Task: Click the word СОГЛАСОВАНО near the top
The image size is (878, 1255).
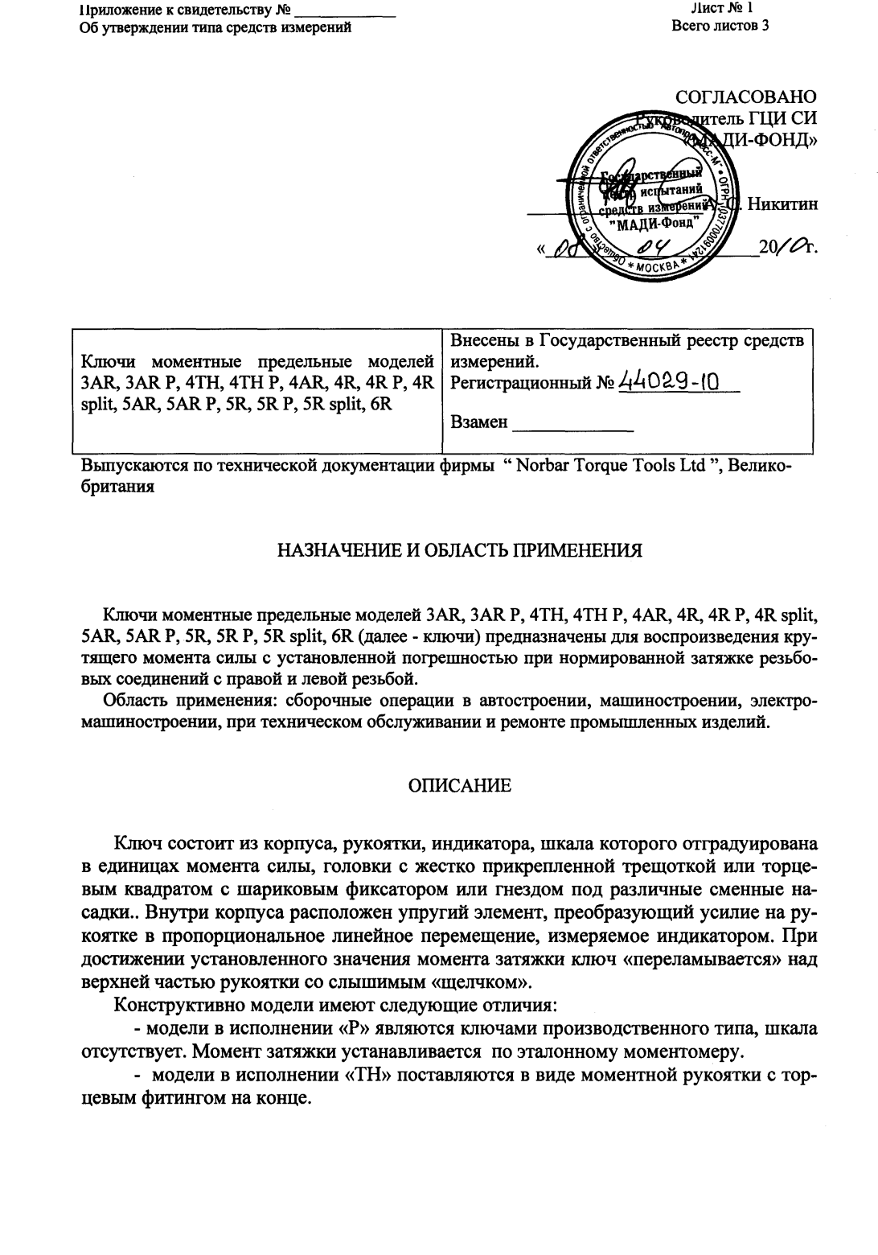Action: coord(746,97)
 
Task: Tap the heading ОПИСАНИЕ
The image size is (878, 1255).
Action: coord(459,786)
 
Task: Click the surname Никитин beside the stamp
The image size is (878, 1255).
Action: coord(782,204)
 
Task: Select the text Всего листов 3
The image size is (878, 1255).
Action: coord(720,27)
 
